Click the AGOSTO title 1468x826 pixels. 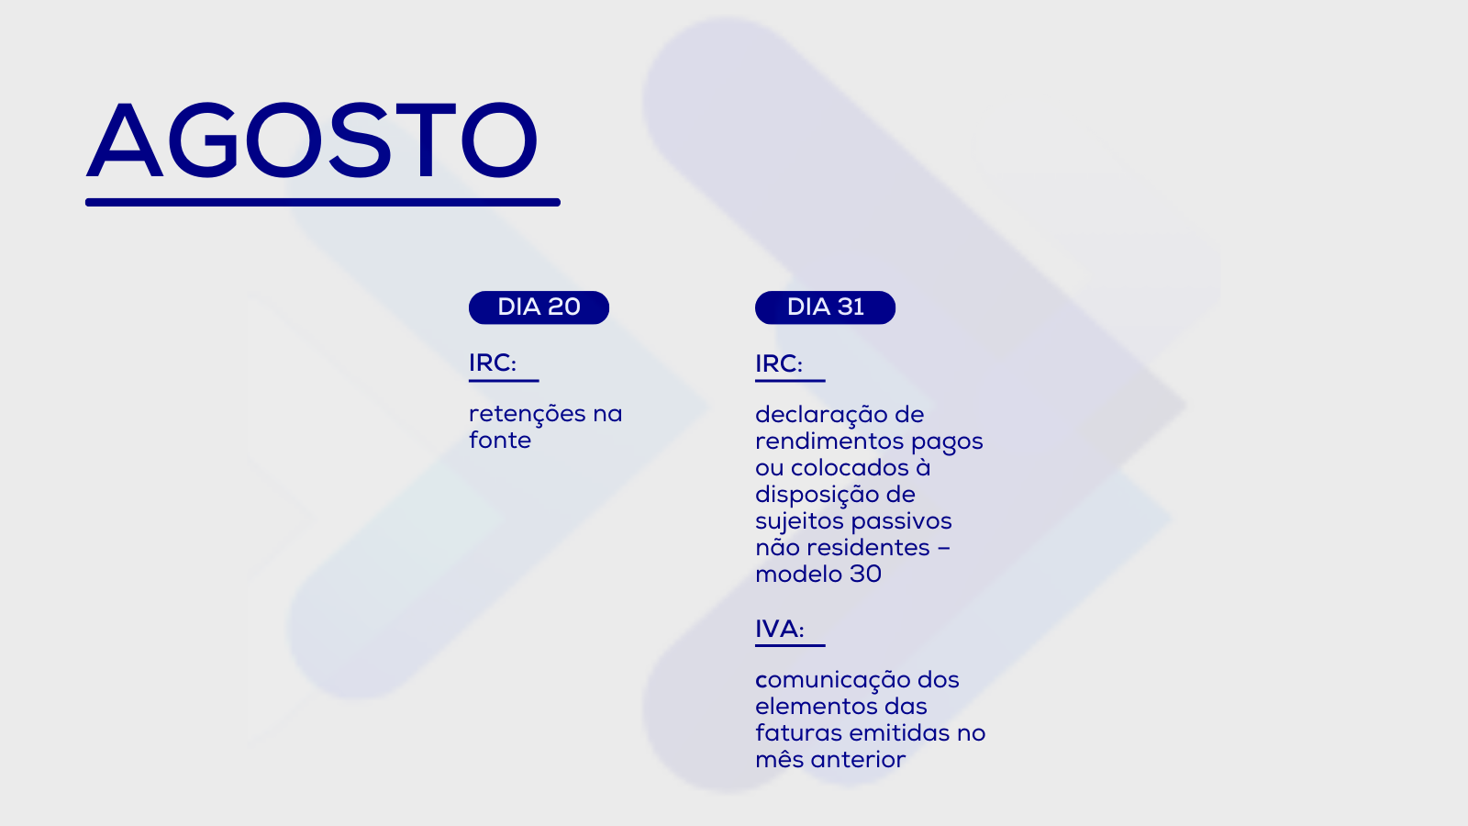tap(312, 140)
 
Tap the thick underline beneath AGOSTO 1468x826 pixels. tap(322, 203)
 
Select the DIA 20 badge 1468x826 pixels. tap(539, 307)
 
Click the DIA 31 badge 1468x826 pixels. tap(825, 307)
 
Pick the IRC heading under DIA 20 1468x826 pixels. tap(493, 363)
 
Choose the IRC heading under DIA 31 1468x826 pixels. tap(779, 363)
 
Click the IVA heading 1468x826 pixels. tap(779, 629)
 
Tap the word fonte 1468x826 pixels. tap(500, 441)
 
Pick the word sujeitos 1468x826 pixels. tap(800, 522)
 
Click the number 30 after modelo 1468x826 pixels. tap(866, 575)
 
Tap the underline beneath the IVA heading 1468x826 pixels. tap(790, 646)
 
